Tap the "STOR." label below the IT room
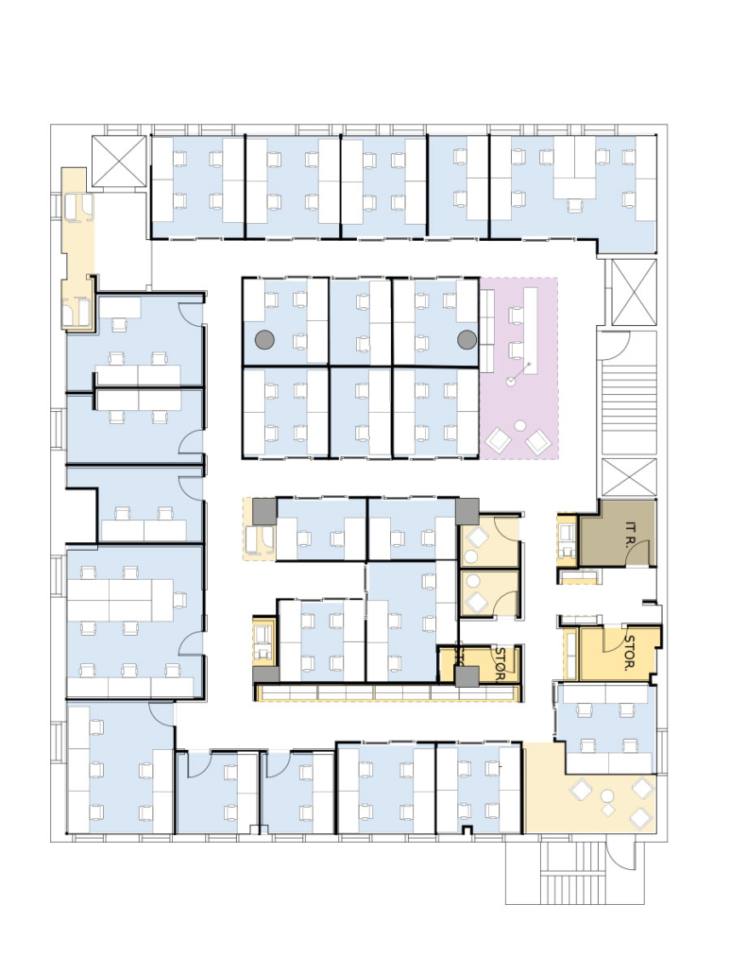click(629, 653)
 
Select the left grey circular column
click(264, 339)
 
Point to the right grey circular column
click(467, 339)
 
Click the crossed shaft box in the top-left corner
click(118, 161)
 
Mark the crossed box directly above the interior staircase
click(634, 292)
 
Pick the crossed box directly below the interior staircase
click(629, 477)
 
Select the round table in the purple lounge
click(520, 425)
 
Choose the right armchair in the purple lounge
click(537, 442)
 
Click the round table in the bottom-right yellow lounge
click(606, 795)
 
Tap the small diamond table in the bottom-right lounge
click(608, 810)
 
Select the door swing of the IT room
click(638, 553)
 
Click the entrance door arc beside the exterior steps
click(618, 854)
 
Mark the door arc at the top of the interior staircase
click(617, 348)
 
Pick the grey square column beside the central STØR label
click(467, 676)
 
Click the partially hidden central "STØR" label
click(500, 663)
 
